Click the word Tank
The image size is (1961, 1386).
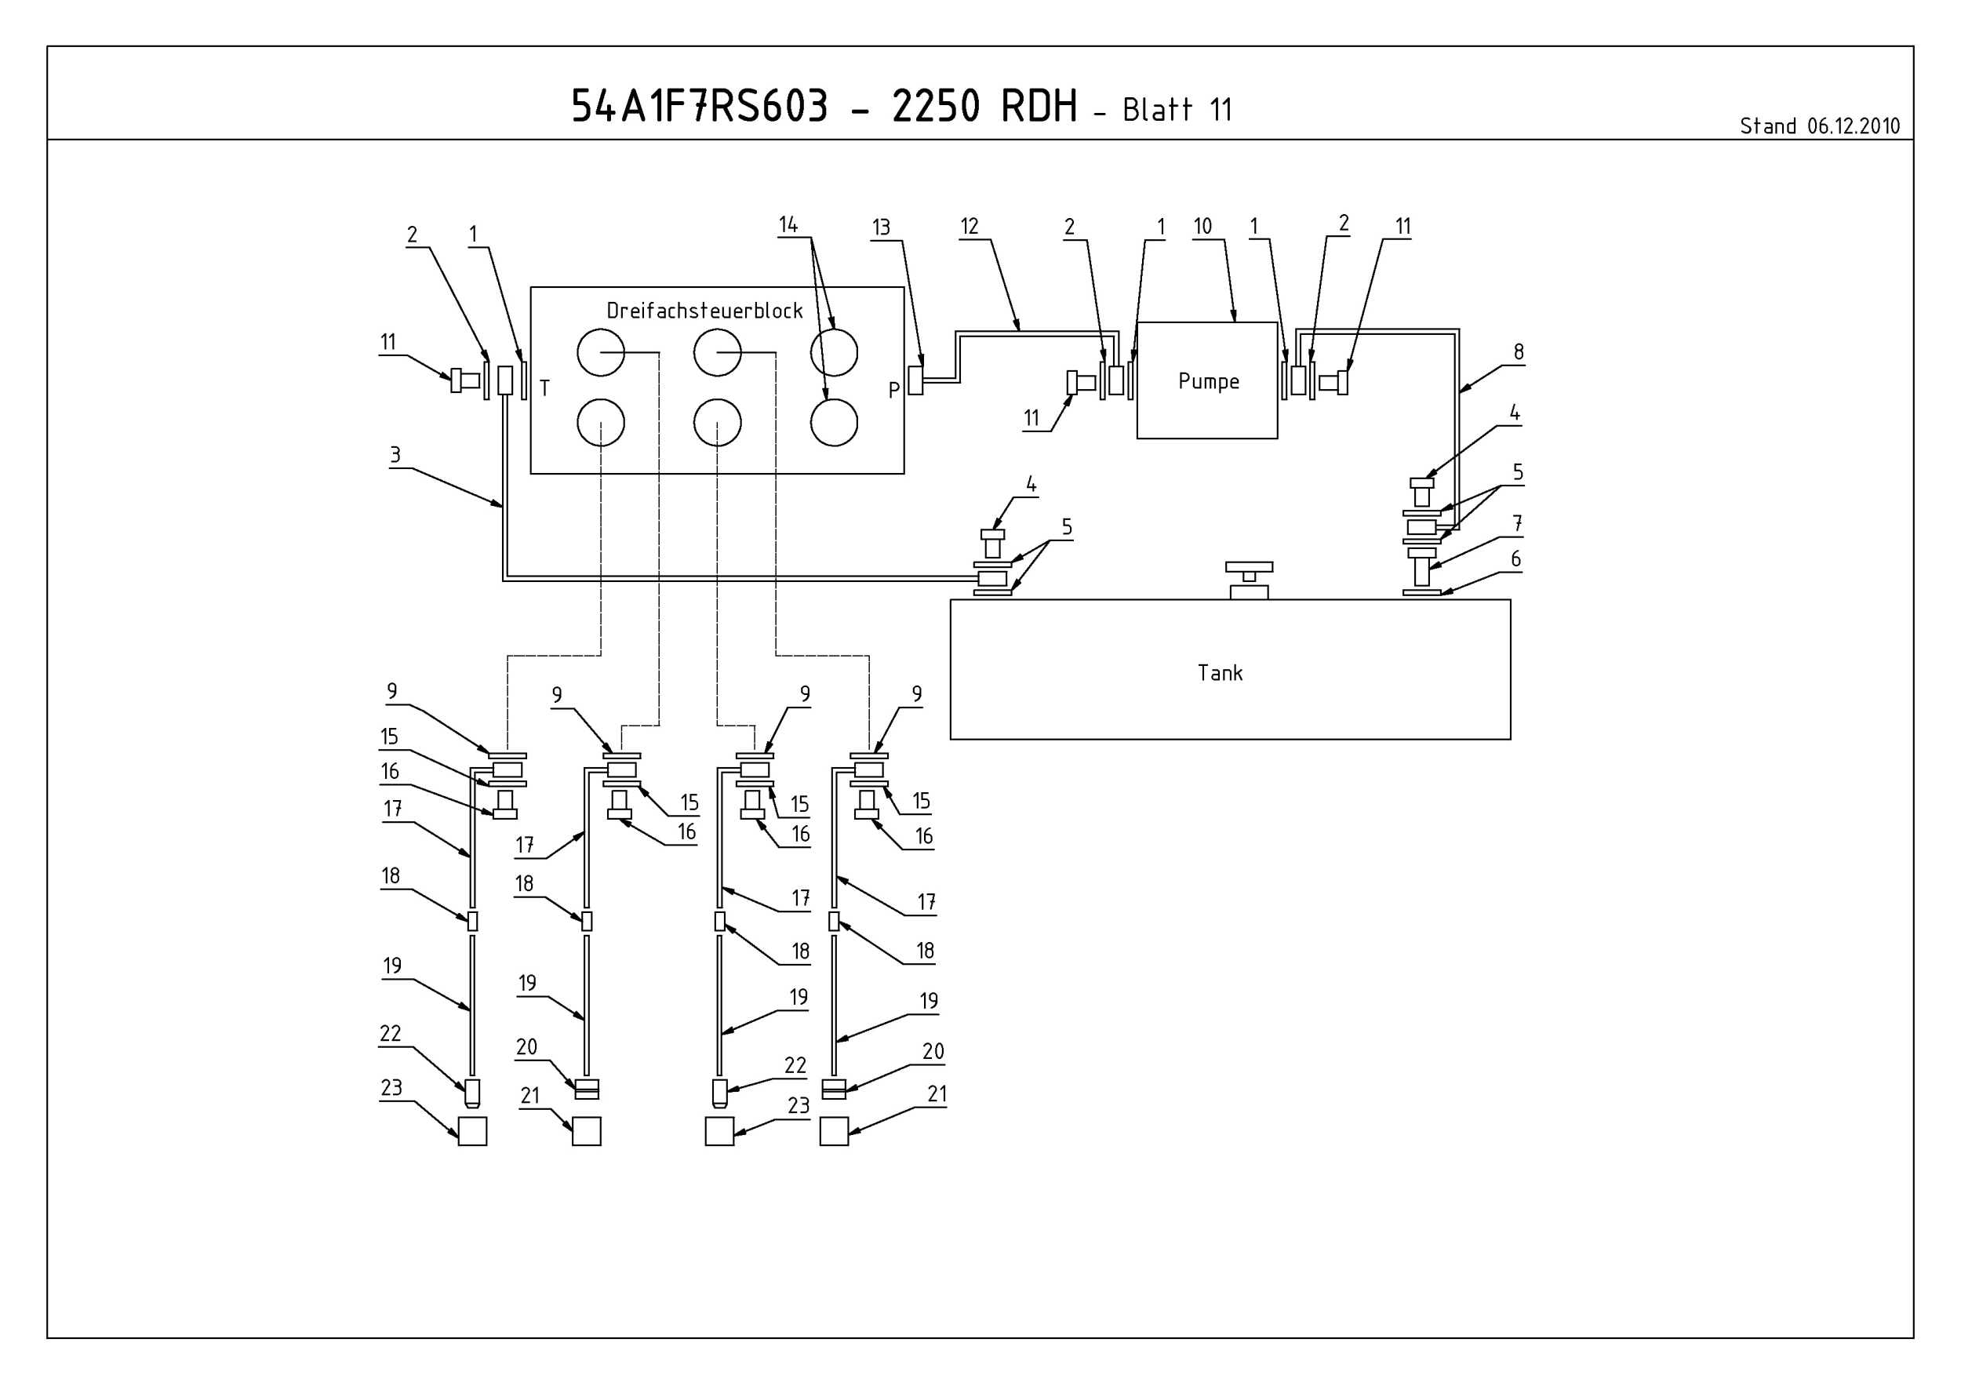coord(1220,673)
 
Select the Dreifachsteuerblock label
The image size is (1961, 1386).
coord(704,311)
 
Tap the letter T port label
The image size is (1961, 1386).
coord(545,388)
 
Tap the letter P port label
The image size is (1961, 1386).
coord(894,391)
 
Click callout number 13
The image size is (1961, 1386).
coord(882,227)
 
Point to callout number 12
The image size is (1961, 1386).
coord(970,227)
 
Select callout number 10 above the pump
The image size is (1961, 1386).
coord(1202,227)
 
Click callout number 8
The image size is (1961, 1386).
coord(1519,352)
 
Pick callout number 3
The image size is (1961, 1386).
coord(395,455)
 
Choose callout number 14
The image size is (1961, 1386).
coord(788,224)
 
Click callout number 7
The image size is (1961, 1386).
coord(1518,523)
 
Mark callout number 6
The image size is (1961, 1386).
coord(1516,559)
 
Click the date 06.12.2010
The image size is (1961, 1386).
coord(1854,126)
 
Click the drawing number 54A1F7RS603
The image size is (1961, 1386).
coord(700,107)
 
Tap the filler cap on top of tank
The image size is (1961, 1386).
coord(1249,580)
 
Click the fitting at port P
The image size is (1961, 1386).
coord(915,380)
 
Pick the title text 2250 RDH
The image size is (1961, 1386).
coord(984,107)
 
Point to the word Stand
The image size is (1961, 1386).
coord(1769,126)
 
